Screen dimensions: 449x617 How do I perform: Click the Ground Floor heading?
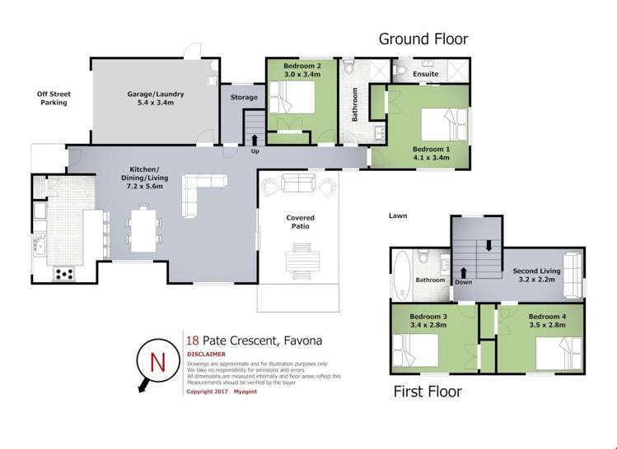click(423, 39)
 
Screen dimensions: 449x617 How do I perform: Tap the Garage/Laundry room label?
click(155, 95)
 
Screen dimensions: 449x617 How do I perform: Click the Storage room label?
click(244, 98)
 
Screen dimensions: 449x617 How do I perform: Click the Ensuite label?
click(425, 74)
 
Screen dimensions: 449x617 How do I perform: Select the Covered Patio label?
click(300, 223)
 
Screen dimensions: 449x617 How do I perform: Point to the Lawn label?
click(400, 216)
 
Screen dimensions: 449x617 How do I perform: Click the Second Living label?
click(536, 271)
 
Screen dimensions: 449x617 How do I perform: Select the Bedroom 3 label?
click(428, 317)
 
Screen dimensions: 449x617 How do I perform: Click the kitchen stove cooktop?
click(63, 274)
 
